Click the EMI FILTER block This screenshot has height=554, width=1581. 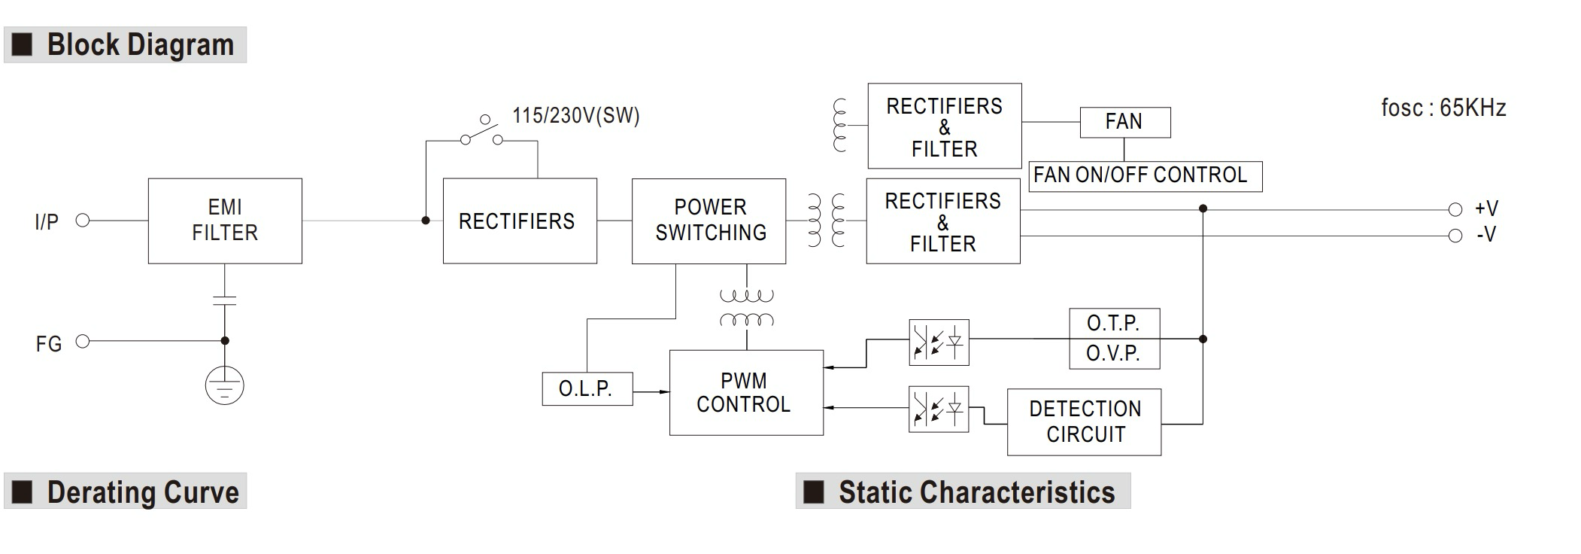(225, 221)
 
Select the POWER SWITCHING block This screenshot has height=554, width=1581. (709, 221)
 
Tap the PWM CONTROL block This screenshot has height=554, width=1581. (746, 392)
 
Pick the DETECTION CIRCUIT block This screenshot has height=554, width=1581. (1084, 422)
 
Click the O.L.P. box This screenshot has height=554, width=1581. (587, 388)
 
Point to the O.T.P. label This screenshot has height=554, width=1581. (1114, 324)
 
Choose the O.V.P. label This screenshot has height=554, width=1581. (1114, 353)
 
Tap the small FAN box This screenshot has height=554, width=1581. (1124, 122)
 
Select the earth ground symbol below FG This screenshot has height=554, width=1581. (224, 385)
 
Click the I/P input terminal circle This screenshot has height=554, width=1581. (83, 221)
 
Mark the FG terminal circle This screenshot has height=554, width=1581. (83, 342)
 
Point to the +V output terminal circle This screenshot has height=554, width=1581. (1455, 209)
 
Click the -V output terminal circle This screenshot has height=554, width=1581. (1455, 236)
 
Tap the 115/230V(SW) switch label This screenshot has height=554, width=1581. (575, 116)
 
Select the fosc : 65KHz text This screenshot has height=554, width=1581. (1443, 108)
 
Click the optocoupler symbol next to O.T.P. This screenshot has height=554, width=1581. (939, 342)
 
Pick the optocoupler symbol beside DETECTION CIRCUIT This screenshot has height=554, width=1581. (939, 409)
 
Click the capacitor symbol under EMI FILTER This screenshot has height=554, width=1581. (224, 300)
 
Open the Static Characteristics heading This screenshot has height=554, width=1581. (976, 492)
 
